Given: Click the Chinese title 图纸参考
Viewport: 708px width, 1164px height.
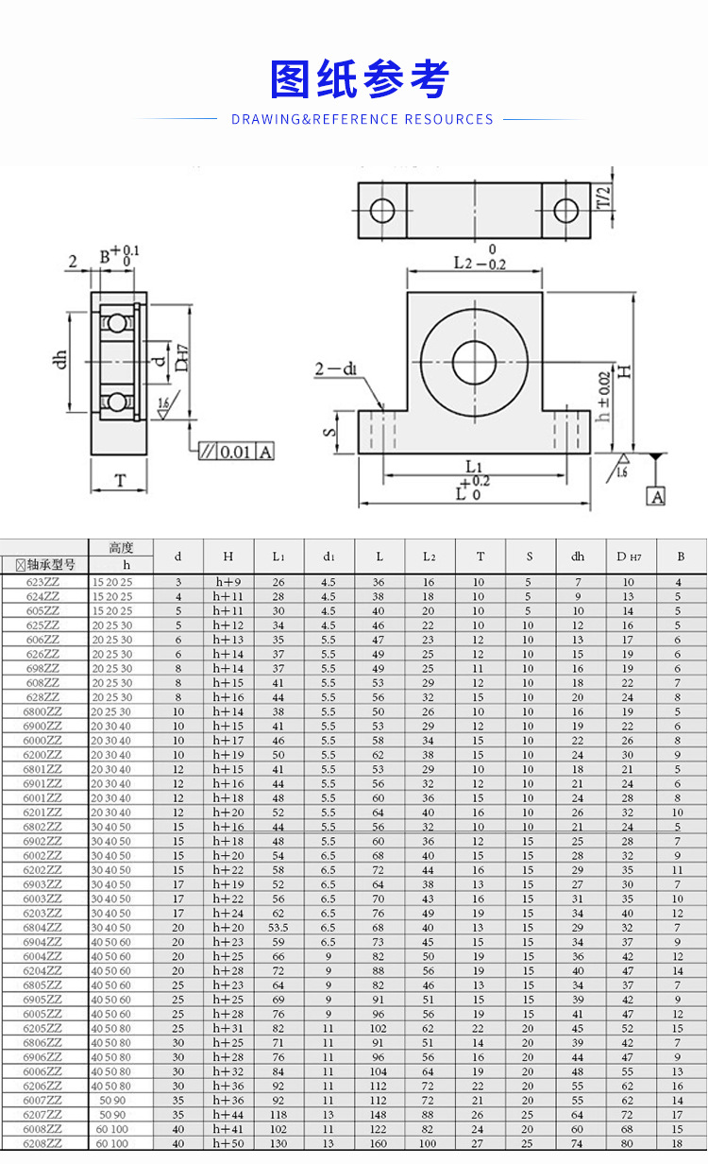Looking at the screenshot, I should tap(359, 79).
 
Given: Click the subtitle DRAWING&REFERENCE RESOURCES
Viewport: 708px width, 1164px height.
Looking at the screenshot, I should tap(362, 119).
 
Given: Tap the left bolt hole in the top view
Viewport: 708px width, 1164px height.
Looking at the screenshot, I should tap(382, 210).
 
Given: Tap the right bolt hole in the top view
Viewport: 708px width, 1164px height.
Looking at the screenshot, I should tap(565, 210).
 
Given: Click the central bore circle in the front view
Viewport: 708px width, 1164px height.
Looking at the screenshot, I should tap(474, 362).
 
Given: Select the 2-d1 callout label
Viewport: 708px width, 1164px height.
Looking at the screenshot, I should tap(336, 368).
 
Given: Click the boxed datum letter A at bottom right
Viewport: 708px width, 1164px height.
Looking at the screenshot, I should tap(655, 496).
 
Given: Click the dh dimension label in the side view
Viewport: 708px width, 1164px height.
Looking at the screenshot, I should tap(63, 358).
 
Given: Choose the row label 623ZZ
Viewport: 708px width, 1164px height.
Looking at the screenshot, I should tap(43, 582).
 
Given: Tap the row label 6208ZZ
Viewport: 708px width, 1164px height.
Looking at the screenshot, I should tap(43, 1143).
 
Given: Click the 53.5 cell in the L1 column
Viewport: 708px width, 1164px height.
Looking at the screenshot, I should tap(278, 927).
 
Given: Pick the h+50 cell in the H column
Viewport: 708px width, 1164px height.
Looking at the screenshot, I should tap(228, 1143).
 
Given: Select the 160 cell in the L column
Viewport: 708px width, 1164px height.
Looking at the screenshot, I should tap(378, 1143).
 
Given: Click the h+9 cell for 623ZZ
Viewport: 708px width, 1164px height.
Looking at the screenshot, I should tap(228, 582).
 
